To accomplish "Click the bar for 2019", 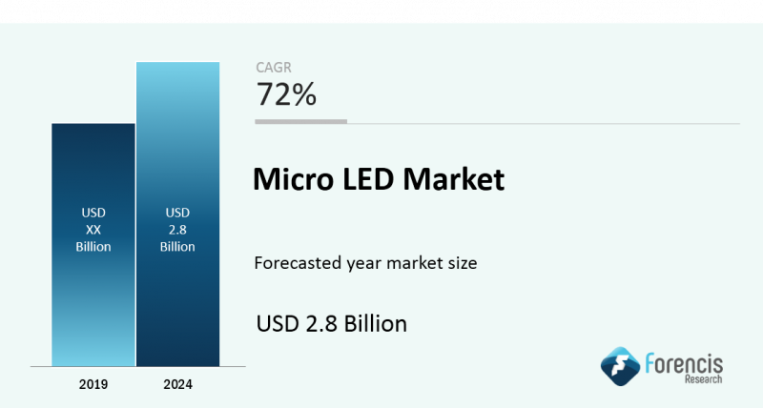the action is (93, 245).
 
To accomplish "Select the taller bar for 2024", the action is (178, 214).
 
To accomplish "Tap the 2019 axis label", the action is (93, 384).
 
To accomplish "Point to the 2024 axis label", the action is (178, 384).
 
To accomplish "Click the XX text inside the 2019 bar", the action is (93, 230).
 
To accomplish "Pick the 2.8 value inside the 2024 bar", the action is (177, 230).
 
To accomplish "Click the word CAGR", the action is (274, 68).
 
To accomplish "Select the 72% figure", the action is (286, 93).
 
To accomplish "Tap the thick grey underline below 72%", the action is (300, 122).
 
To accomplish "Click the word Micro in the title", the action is (293, 178).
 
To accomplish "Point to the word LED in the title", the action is (368, 178).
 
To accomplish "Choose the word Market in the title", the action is (454, 178).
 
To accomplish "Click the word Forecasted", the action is (298, 263).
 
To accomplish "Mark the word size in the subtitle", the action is (463, 263).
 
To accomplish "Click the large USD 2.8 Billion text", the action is (331, 323).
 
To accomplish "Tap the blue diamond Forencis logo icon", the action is (620, 366).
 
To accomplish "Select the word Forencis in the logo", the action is (684, 364).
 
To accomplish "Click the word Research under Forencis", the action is (703, 378).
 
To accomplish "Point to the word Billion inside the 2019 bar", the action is (93, 247).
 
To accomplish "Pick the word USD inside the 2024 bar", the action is (177, 213).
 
